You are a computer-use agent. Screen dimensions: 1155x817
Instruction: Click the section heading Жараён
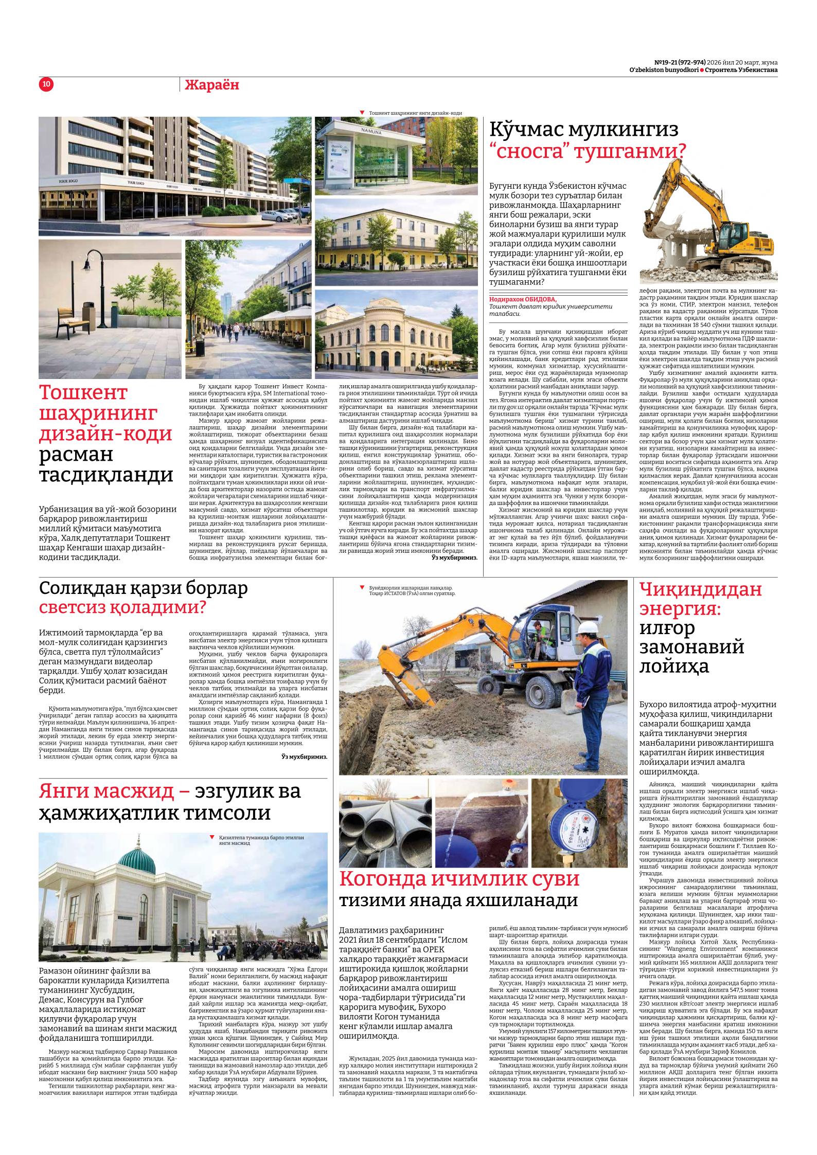(x=212, y=85)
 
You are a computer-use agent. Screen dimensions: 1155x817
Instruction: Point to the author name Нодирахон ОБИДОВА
(x=523, y=299)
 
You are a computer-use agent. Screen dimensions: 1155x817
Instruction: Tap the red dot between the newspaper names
(x=702, y=70)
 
